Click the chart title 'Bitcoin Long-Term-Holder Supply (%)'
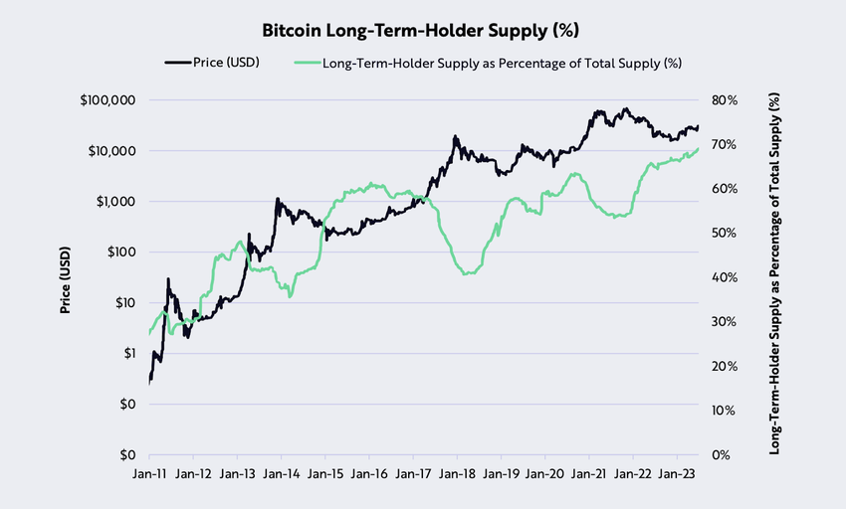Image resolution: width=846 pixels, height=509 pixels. tap(422, 32)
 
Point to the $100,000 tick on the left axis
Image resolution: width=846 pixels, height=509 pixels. tap(106, 100)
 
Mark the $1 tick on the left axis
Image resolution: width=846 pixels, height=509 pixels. tap(128, 353)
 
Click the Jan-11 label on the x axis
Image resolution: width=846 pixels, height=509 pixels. tap(149, 474)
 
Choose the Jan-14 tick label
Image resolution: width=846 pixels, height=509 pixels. tap(281, 474)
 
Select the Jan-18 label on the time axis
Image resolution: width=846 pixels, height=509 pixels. tap(456, 474)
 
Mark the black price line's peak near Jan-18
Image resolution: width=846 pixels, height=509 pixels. tap(455, 136)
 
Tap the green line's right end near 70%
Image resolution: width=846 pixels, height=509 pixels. tap(698, 148)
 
